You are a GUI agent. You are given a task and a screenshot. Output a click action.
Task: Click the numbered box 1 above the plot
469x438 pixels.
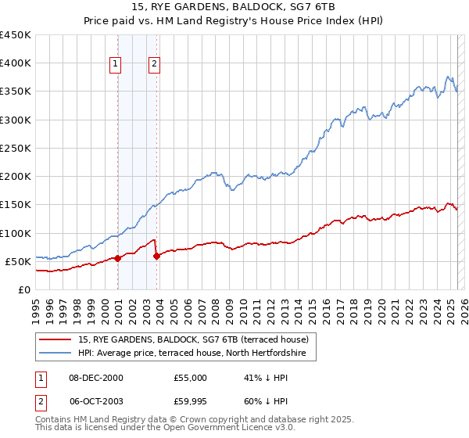tap(116, 64)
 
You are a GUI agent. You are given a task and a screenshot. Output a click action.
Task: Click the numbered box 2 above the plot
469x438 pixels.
tap(154, 64)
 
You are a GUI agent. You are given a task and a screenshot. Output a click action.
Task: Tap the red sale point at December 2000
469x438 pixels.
tap(117, 258)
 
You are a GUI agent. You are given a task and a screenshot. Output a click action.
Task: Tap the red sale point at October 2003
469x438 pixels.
tap(157, 255)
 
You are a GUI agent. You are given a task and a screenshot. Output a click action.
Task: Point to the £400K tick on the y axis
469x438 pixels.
tap(15, 63)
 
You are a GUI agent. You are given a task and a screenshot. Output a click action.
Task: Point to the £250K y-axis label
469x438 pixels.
tap(15, 148)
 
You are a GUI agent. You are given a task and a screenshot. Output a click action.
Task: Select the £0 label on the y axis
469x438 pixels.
tap(23, 289)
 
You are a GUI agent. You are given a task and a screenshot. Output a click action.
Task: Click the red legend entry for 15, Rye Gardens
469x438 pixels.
tap(194, 339)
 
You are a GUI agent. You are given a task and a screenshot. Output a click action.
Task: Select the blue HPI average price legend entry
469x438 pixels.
tap(196, 354)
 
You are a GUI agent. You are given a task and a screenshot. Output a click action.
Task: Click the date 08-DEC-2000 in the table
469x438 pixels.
tap(96, 378)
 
